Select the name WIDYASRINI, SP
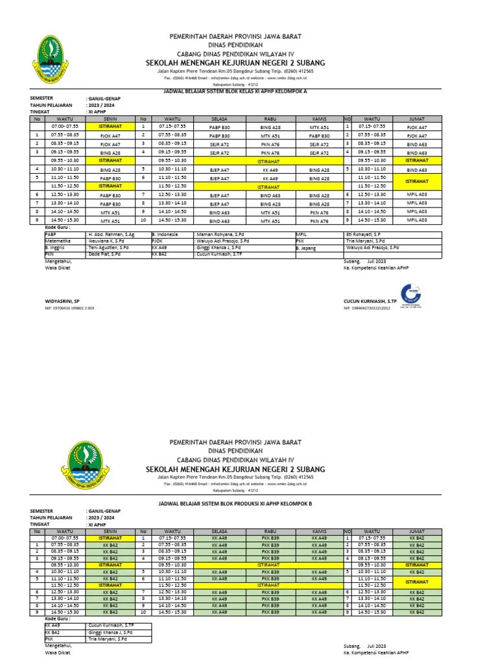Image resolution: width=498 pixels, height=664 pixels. (x=62, y=302)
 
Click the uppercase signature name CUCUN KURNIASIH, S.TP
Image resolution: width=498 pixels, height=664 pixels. (x=370, y=302)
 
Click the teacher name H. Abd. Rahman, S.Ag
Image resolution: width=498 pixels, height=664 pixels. (x=111, y=234)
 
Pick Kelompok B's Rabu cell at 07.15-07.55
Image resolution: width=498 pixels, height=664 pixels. (x=270, y=538)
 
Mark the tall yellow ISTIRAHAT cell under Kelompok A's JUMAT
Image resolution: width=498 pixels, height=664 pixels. (x=416, y=181)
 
